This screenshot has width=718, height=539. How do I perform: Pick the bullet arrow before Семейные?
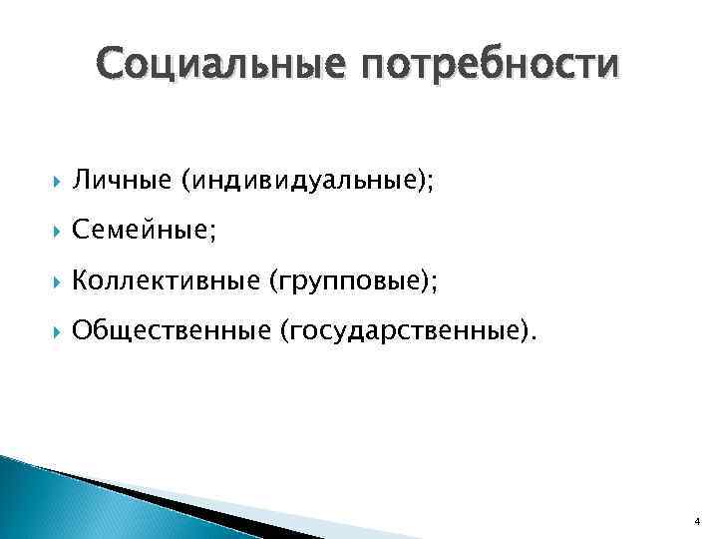(51, 233)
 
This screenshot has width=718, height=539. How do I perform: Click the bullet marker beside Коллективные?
(51, 282)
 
